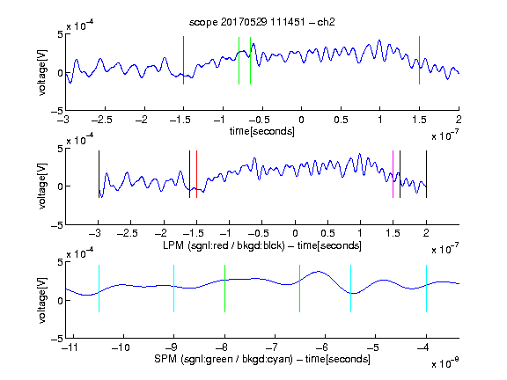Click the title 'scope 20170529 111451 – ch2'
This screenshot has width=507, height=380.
261,22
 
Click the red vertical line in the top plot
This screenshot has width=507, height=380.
184,61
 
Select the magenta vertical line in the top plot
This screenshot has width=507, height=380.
419,61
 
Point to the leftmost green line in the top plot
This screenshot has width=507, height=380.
239,61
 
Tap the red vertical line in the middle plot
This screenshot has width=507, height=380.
196,174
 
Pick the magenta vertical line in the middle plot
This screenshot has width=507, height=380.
393,174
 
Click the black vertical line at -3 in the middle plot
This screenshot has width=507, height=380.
99,174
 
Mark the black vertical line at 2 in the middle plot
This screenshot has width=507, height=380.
426,174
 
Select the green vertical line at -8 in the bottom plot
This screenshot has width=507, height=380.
224,289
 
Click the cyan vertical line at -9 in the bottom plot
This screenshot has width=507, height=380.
174,289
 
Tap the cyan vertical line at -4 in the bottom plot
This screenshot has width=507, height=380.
426,289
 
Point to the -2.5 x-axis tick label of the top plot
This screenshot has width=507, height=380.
101,120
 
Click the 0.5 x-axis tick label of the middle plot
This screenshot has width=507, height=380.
327,233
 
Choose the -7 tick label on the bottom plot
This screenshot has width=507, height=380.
274,347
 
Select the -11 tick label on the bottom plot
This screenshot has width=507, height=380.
70,347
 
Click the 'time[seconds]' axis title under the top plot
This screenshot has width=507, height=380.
262,131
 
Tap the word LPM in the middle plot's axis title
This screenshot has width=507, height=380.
173,245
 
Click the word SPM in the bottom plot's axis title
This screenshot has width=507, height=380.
165,359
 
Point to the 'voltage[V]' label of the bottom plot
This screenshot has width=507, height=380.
42,300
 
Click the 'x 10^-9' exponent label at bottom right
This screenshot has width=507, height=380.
445,363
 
